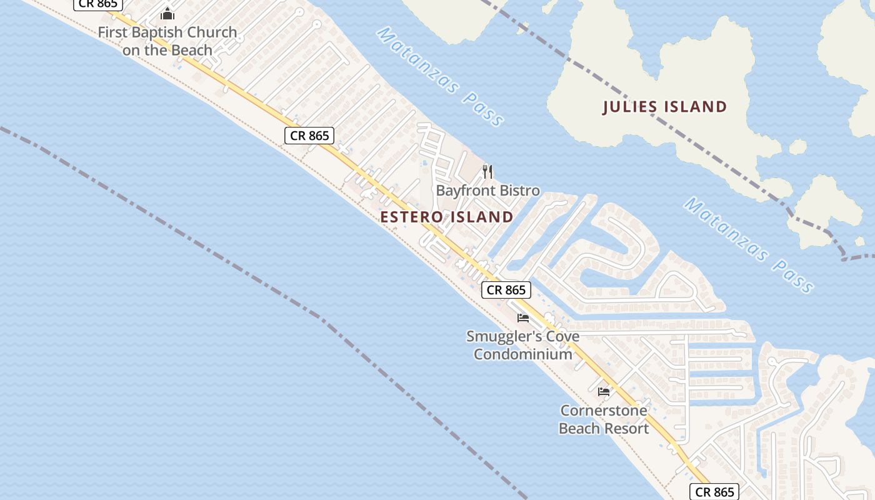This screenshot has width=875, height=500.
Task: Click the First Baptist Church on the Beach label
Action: tap(167, 41)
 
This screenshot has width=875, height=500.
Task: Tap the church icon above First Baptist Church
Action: tap(167, 13)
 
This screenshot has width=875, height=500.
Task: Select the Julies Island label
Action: tap(665, 107)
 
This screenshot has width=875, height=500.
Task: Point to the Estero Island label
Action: tap(447, 217)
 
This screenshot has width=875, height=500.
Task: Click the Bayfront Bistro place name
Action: tap(487, 191)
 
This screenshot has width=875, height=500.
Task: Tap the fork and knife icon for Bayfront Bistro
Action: tap(488, 171)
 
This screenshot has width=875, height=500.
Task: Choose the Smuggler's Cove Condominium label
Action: tap(523, 345)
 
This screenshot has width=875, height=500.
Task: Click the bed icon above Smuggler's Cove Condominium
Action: tap(523, 318)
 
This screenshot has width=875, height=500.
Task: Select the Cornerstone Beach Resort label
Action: tap(604, 419)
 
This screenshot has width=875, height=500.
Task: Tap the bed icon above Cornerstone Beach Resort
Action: tap(604, 392)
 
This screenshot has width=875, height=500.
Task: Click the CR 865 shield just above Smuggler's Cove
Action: tap(506, 290)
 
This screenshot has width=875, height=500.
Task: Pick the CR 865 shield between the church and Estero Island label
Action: tap(309, 135)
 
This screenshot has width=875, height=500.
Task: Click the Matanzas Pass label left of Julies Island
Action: tap(440, 76)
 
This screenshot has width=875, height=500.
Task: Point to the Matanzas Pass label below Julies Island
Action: tap(749, 245)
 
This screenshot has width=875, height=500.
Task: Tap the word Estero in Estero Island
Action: tap(411, 217)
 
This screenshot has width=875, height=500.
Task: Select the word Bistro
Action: tap(516, 191)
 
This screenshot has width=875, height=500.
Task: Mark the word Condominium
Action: tap(523, 354)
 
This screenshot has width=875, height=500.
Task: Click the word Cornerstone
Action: tap(604, 411)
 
